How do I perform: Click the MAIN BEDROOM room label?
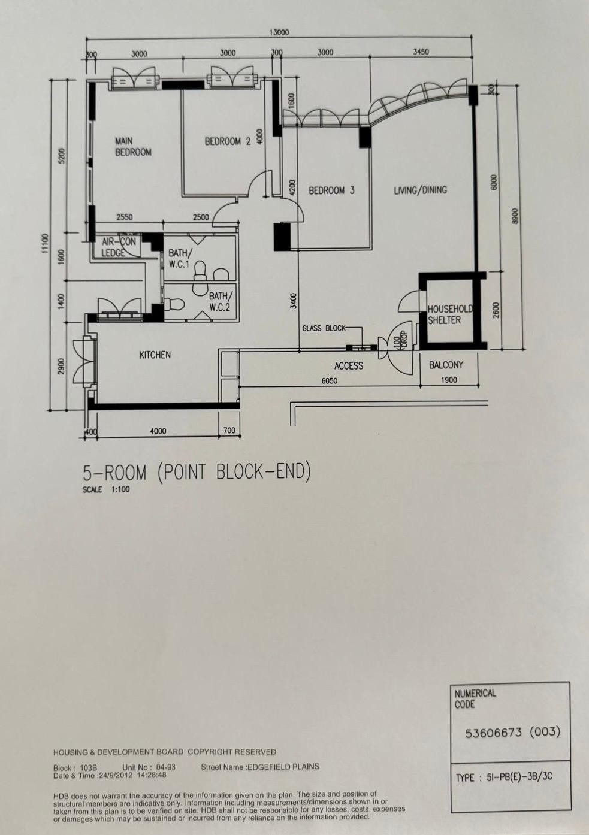click(133, 147)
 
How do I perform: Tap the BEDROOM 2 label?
click(228, 141)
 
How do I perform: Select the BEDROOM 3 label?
click(332, 190)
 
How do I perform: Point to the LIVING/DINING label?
click(421, 190)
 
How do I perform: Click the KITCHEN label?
click(155, 355)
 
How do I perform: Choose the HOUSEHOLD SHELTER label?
click(449, 314)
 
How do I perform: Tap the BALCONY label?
click(446, 365)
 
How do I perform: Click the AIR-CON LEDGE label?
click(119, 247)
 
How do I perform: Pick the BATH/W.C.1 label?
click(180, 259)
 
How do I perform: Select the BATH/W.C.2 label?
click(221, 301)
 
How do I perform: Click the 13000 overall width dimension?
click(279, 32)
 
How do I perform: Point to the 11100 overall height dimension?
click(45, 243)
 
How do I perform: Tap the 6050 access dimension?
click(330, 380)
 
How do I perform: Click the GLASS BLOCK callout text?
click(324, 328)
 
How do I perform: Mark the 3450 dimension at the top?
click(421, 52)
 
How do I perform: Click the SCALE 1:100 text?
click(106, 489)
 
